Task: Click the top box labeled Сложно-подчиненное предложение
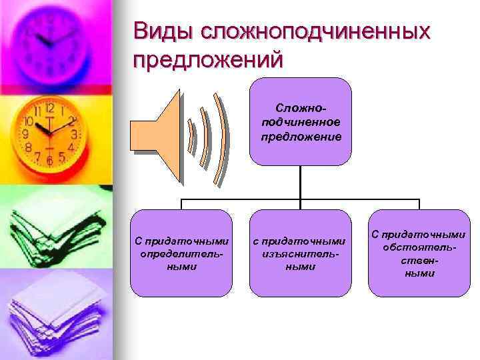[x=300, y=121]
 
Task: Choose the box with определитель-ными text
[x=181, y=253]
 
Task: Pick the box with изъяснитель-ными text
[x=300, y=253]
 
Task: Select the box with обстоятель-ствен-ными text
[x=419, y=253]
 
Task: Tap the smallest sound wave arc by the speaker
[x=192, y=137]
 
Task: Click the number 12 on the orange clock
[x=49, y=108]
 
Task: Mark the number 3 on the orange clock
[x=74, y=134]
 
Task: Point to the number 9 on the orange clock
[x=26, y=134]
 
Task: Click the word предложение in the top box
[x=300, y=136]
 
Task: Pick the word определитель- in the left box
[x=181, y=254]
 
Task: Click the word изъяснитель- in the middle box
[x=300, y=254]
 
